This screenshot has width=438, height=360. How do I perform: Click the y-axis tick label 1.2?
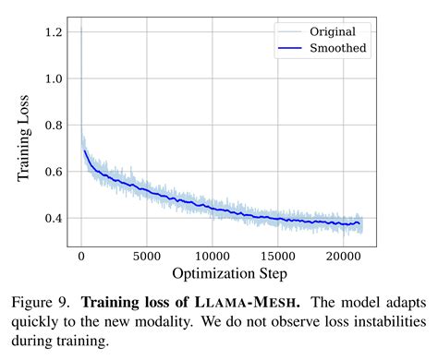coord(54,32)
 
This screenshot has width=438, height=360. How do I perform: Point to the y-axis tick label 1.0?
coord(54,78)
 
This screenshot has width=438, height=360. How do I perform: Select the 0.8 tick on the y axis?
coord(54,126)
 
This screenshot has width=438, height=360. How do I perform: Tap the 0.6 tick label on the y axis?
coord(54,172)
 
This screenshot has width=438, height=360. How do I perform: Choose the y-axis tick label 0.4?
coord(54,219)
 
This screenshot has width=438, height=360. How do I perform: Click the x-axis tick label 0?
coord(81,256)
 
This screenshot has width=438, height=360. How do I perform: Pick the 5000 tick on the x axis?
coord(147,256)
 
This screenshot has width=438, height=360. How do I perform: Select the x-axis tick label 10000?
coord(213,256)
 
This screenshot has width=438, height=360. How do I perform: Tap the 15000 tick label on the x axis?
coord(278,256)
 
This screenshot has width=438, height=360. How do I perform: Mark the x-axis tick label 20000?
coord(344,256)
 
